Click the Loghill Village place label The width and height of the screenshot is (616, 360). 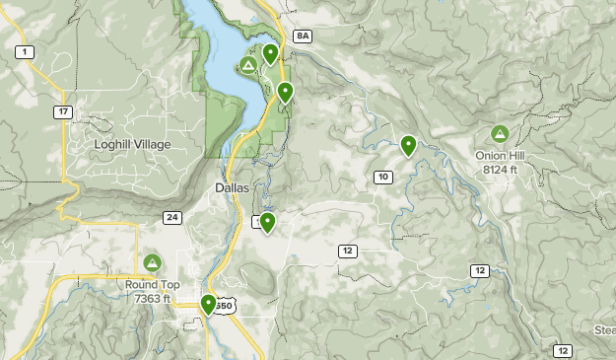132,145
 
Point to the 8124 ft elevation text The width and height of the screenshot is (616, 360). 501,169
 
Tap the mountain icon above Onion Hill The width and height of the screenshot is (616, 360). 500,133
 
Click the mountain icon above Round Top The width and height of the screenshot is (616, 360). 152,262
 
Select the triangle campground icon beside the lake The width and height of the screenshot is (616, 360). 249,65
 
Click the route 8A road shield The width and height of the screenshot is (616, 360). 302,36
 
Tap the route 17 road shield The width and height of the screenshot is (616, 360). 63,112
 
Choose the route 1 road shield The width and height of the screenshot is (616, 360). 24,51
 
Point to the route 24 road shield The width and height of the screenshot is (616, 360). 172,217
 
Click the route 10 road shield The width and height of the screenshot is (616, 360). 383,177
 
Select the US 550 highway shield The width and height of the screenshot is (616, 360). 226,307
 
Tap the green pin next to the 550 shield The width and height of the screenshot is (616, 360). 208,305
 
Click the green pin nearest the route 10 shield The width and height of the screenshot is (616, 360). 407,146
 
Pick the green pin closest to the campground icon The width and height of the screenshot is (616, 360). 269,54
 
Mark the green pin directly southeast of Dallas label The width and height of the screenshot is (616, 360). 266,223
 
